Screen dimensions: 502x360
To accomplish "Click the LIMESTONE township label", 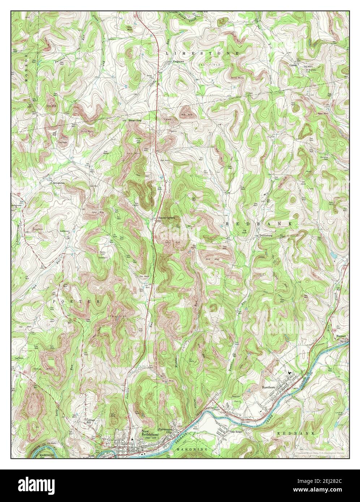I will point(202,53).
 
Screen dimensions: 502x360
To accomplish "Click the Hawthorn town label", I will point(268,387).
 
